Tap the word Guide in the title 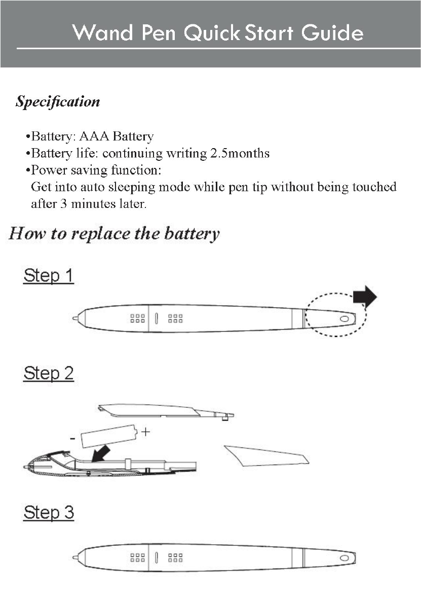[332, 33]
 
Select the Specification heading [58, 102]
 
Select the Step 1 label [49, 276]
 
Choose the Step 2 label [49, 374]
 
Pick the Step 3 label [49, 512]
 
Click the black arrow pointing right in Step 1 [365, 297]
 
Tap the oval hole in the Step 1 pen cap [345, 319]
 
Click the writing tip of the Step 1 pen [75, 319]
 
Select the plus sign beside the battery [146, 432]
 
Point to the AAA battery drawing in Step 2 [109, 436]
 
